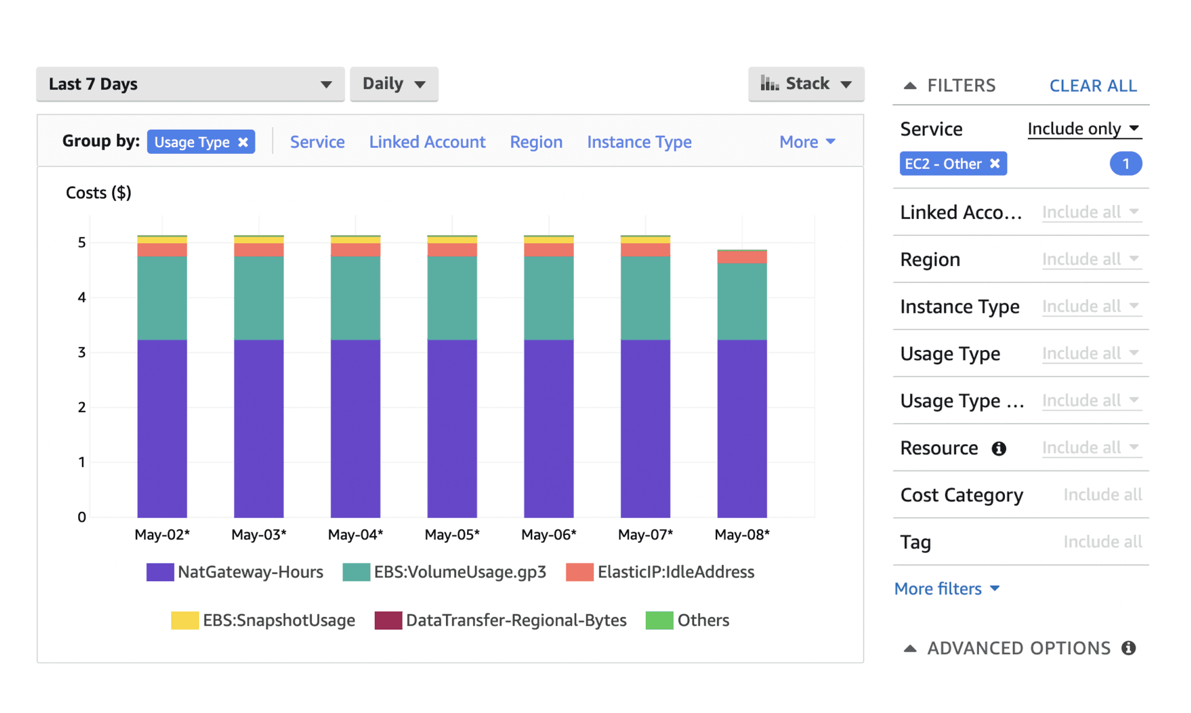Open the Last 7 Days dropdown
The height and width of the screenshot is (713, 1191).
190,84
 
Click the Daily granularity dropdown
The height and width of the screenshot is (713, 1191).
394,84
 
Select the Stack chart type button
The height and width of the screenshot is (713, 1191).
806,84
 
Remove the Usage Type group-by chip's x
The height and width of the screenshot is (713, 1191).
243,142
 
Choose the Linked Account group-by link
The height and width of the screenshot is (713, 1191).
427,142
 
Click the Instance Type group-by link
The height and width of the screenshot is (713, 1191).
639,142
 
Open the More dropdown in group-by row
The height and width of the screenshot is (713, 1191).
807,142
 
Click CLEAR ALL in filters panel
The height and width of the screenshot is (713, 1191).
1092,86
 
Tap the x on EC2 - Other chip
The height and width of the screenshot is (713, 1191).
995,164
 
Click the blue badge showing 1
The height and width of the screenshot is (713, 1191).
1125,164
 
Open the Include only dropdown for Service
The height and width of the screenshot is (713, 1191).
1083,128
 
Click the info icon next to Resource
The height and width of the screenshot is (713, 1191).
999,448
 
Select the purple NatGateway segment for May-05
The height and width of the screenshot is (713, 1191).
452,428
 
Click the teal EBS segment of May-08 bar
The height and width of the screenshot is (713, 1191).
742,302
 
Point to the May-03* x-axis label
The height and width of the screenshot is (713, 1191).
259,534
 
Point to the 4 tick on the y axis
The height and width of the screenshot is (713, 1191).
82,297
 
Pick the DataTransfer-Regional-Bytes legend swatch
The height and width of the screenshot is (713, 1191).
388,620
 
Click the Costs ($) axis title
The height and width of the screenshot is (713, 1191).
99,193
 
